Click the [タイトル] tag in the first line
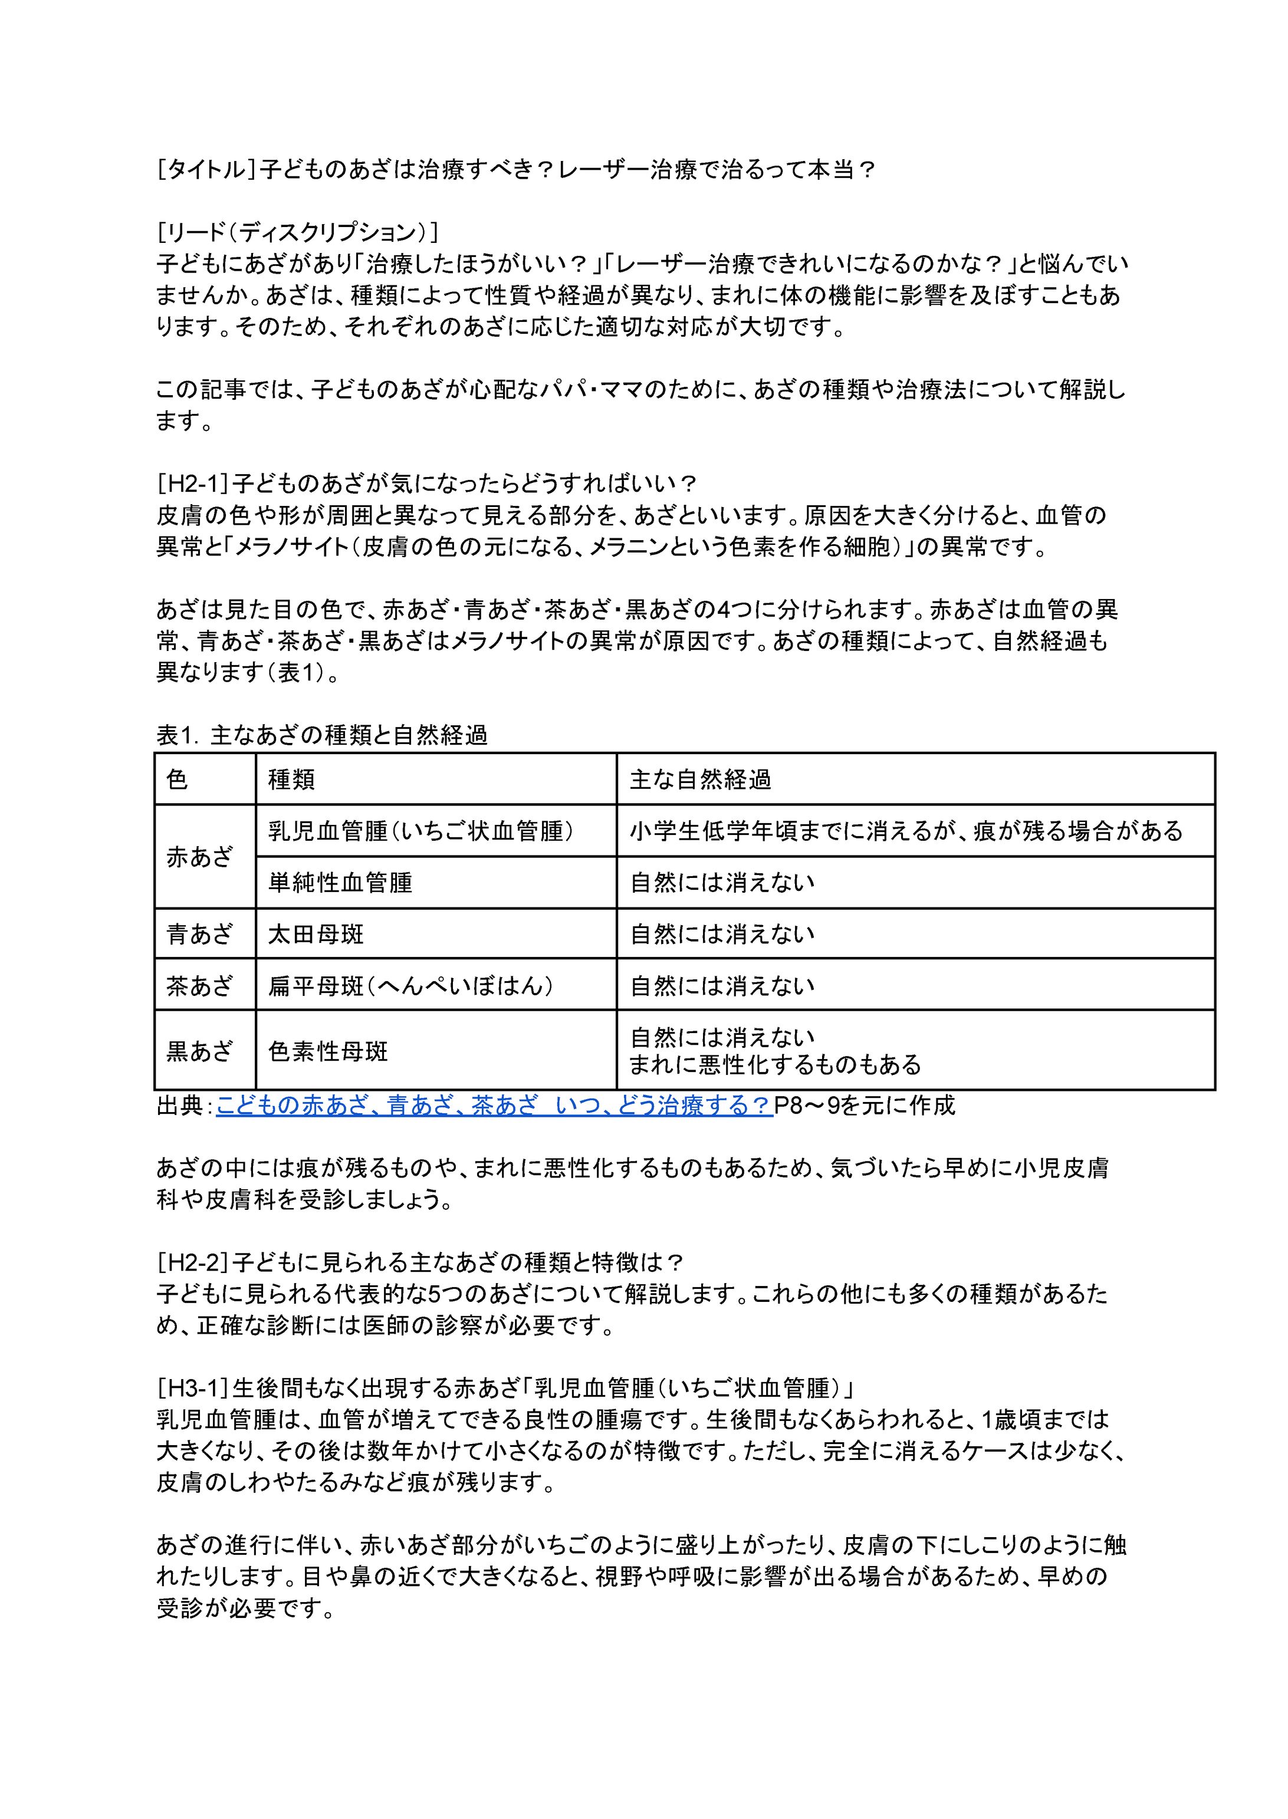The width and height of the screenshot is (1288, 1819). point(206,170)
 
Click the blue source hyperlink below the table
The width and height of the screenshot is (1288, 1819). point(493,1106)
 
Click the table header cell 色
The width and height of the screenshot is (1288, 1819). point(178,779)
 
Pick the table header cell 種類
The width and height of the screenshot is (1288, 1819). point(292,779)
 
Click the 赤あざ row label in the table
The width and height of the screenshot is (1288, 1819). point(200,856)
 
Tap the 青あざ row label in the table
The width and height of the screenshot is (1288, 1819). point(200,933)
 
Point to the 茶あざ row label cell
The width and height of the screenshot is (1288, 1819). point(200,985)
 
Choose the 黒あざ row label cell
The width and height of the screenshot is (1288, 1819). point(200,1051)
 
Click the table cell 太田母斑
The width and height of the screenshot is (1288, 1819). point(316,933)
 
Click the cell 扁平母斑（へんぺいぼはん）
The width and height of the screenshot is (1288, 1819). point(411,985)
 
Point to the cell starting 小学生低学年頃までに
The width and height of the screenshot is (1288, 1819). point(906,831)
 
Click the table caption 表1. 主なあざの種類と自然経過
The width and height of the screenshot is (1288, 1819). point(321,736)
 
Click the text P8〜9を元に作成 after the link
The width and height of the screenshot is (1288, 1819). point(865,1106)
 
